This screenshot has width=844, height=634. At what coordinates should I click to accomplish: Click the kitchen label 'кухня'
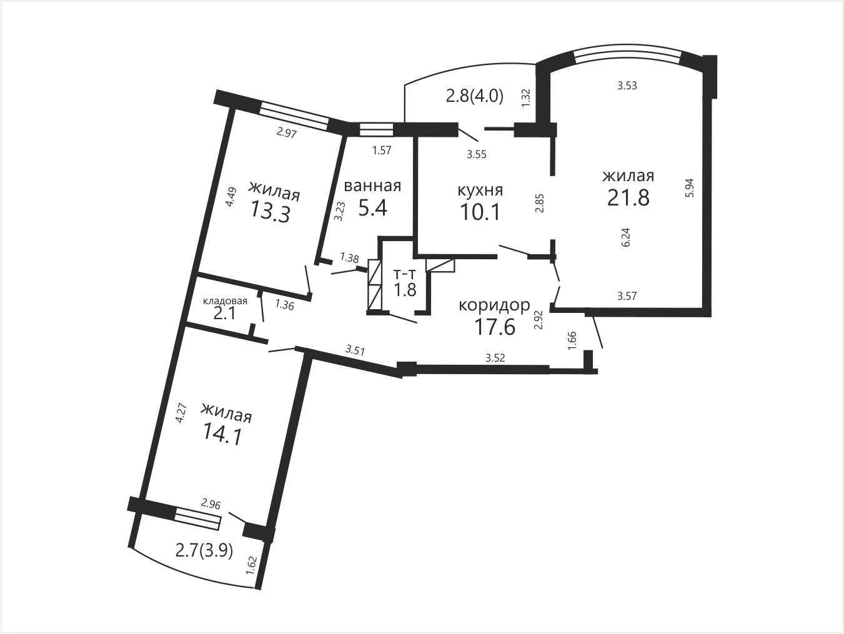click(x=480, y=191)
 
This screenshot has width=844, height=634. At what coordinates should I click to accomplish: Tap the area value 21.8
click(x=628, y=198)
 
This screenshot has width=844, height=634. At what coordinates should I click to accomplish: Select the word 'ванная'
click(x=372, y=186)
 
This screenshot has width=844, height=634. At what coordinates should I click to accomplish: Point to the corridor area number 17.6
click(x=495, y=327)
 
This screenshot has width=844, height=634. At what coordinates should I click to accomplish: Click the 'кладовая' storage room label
click(x=225, y=300)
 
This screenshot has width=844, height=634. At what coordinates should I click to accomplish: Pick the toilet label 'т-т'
click(x=404, y=274)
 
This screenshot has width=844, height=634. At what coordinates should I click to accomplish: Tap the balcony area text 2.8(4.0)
click(x=475, y=96)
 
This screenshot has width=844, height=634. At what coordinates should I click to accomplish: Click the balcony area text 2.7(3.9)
click(x=204, y=552)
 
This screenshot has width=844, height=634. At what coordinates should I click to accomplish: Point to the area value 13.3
click(x=270, y=212)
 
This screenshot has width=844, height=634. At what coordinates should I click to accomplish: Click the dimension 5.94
click(x=690, y=187)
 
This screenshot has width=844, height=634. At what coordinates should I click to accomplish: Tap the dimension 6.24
click(x=625, y=237)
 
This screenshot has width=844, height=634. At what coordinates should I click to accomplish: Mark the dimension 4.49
click(x=231, y=197)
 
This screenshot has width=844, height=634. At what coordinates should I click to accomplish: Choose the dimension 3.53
click(x=627, y=86)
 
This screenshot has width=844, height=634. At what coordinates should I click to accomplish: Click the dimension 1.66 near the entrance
click(x=572, y=340)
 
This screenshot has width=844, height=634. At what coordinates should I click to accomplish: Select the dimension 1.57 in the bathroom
click(x=382, y=150)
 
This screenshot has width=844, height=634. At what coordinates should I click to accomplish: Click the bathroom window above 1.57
click(x=376, y=129)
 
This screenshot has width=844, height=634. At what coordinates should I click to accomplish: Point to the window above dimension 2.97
click(x=294, y=116)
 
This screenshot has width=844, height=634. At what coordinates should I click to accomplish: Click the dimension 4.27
click(x=181, y=413)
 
